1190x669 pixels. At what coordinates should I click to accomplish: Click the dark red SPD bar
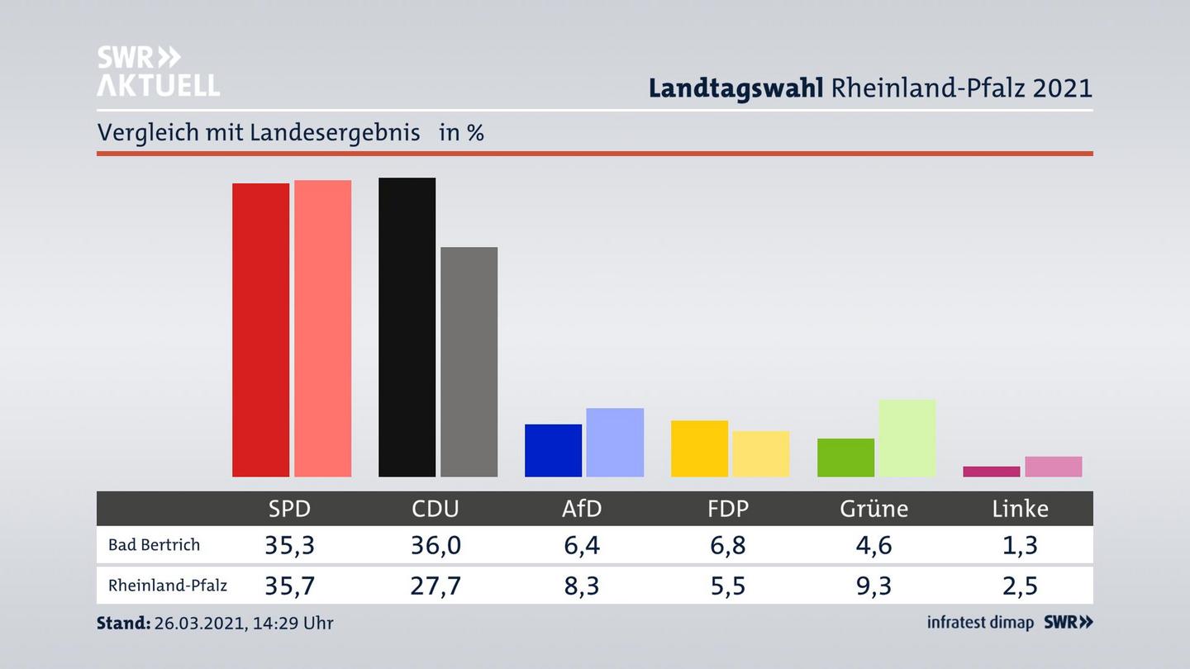(260, 330)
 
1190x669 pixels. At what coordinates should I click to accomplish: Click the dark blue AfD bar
(553, 450)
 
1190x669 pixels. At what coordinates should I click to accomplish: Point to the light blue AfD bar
(615, 442)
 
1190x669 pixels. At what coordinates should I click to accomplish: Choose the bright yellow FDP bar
(699, 448)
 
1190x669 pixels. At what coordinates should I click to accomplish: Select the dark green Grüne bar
(845, 458)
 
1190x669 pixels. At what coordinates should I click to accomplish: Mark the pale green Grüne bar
(907, 438)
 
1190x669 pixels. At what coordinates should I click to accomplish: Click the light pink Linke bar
(1053, 467)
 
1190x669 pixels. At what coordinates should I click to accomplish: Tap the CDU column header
(436, 509)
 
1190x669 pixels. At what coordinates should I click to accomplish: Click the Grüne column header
(873, 509)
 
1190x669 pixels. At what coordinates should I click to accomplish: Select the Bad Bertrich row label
(155, 545)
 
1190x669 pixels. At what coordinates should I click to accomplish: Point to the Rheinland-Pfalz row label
(168, 586)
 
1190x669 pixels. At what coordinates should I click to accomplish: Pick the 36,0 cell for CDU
(436, 545)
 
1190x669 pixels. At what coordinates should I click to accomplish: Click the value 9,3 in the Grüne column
(873, 586)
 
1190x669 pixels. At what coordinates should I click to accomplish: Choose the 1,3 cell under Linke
(1020, 545)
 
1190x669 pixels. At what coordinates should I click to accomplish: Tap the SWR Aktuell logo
(158, 71)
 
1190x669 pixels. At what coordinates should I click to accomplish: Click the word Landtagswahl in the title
(735, 88)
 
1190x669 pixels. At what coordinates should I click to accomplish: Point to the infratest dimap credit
(980, 623)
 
